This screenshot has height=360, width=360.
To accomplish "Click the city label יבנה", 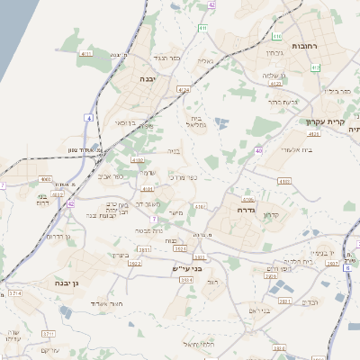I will (x=147, y=79).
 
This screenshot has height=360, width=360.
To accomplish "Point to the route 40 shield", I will (x=258, y=150).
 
